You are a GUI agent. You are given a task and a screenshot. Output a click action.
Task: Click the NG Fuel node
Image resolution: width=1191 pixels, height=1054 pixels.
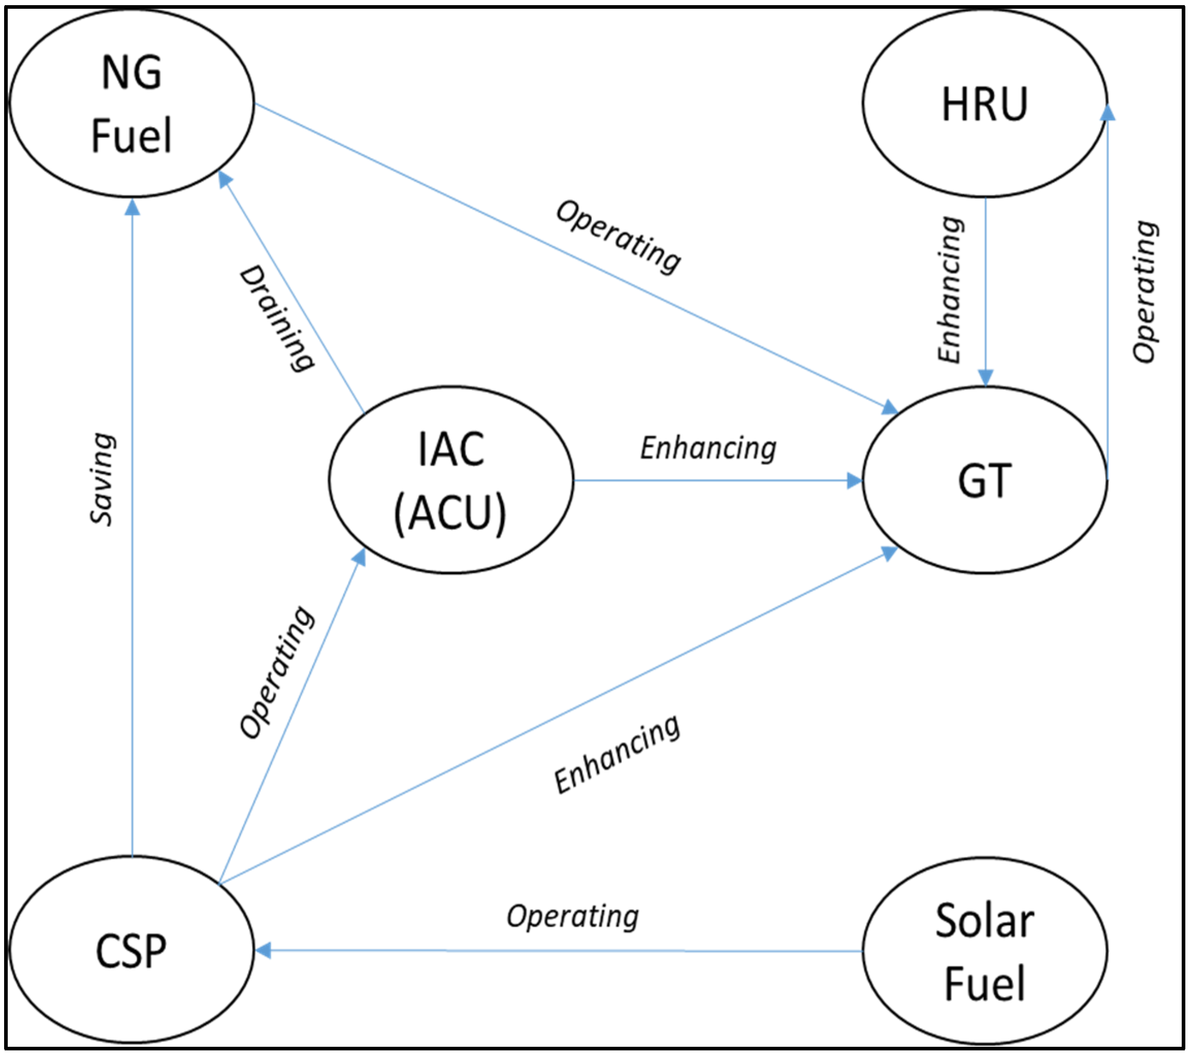132,103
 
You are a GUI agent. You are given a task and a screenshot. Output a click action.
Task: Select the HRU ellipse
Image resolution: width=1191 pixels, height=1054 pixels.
984,103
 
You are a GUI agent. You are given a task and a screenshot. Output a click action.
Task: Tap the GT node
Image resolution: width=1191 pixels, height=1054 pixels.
984,480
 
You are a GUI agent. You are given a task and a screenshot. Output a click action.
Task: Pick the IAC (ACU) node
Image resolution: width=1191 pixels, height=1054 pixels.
450,480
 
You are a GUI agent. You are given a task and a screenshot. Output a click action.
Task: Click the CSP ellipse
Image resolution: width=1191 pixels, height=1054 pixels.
132,951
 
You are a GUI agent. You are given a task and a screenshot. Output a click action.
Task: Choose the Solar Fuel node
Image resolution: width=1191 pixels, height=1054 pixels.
984,951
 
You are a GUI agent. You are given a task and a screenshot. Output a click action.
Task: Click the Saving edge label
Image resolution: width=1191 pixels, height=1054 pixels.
103,480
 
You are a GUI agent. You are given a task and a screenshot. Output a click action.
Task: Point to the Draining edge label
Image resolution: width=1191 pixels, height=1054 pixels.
278,318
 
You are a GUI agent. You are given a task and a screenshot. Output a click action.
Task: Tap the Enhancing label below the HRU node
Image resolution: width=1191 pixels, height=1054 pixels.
950,290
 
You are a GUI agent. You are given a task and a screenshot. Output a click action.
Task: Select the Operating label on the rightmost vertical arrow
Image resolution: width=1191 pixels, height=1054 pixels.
1145,292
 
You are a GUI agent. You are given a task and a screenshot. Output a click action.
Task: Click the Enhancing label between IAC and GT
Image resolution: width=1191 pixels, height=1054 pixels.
708,448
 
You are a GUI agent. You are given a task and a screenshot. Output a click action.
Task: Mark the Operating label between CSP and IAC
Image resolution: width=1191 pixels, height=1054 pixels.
278,673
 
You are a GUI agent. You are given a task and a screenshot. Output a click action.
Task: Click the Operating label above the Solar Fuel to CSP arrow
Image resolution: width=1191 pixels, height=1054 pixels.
573,916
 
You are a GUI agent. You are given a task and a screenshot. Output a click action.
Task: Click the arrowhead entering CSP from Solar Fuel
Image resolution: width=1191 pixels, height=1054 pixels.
263,951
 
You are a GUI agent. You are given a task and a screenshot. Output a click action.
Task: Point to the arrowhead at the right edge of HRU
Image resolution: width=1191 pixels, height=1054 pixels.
1107,112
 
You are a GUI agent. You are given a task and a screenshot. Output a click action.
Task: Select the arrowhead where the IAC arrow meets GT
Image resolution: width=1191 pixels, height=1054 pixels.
854,480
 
